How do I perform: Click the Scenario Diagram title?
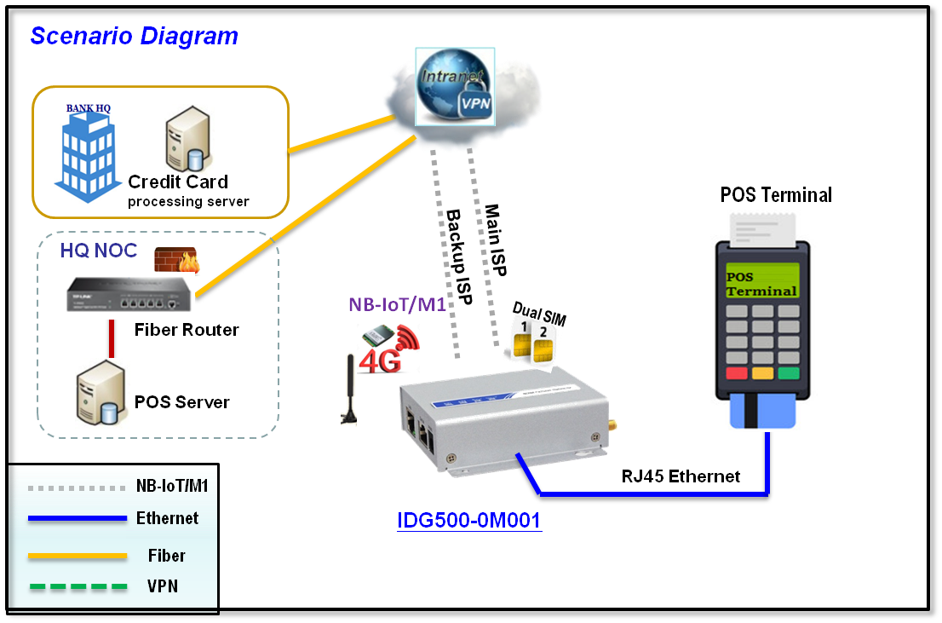(134, 37)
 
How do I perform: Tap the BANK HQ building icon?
(89, 152)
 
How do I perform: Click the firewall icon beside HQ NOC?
(176, 260)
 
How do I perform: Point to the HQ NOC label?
(98, 251)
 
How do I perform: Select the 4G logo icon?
(388, 349)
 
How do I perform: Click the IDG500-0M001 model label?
(468, 520)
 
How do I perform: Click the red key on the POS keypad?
(735, 373)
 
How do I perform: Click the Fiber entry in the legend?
(166, 556)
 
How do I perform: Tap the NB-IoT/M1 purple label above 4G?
(397, 304)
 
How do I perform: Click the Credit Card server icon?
(187, 140)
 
